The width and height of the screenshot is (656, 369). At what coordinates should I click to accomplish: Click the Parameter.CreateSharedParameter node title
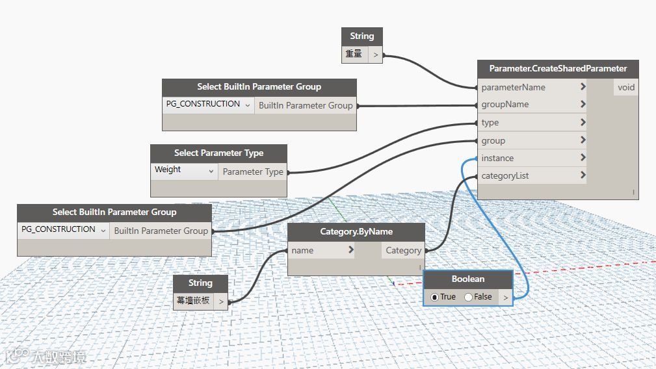click(x=558, y=69)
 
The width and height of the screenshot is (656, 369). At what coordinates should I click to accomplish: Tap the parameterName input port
click(x=513, y=87)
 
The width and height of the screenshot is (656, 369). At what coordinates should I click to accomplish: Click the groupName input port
click(x=505, y=105)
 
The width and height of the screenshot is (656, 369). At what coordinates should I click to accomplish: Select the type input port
click(x=490, y=122)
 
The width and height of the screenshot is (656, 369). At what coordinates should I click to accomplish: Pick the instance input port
click(x=497, y=158)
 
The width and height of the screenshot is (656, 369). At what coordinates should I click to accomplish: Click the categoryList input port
click(x=505, y=175)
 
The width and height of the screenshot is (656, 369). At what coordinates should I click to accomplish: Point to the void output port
click(x=625, y=87)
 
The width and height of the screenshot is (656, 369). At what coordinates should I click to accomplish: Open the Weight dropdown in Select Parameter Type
click(x=184, y=170)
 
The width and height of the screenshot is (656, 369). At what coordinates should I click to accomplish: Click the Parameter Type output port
click(x=253, y=172)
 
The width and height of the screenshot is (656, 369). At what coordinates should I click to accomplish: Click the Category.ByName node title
click(x=356, y=231)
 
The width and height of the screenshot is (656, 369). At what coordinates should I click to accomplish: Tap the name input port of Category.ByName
click(x=302, y=250)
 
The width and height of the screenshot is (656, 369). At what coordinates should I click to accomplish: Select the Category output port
click(x=403, y=250)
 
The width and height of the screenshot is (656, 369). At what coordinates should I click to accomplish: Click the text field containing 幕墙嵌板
click(x=193, y=301)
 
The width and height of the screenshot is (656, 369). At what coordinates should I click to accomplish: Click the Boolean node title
click(x=468, y=279)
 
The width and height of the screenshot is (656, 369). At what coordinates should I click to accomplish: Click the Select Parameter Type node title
click(x=218, y=153)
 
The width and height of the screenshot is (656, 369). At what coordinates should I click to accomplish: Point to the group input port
click(x=493, y=140)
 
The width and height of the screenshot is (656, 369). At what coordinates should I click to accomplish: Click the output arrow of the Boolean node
click(x=505, y=298)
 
